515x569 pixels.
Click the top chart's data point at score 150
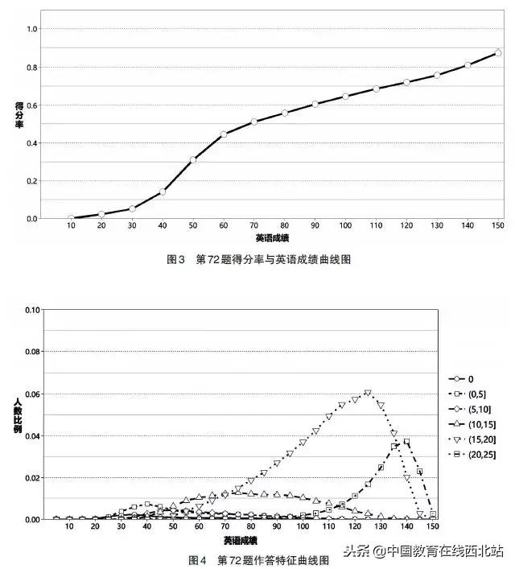[498, 53]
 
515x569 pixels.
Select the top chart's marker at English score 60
[224, 134]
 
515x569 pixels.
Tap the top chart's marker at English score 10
[71, 218]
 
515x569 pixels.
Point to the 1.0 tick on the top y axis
[32, 30]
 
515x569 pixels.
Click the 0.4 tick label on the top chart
[32, 143]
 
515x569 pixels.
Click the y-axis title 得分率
[19, 118]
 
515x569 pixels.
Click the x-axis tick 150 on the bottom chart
[433, 526]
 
